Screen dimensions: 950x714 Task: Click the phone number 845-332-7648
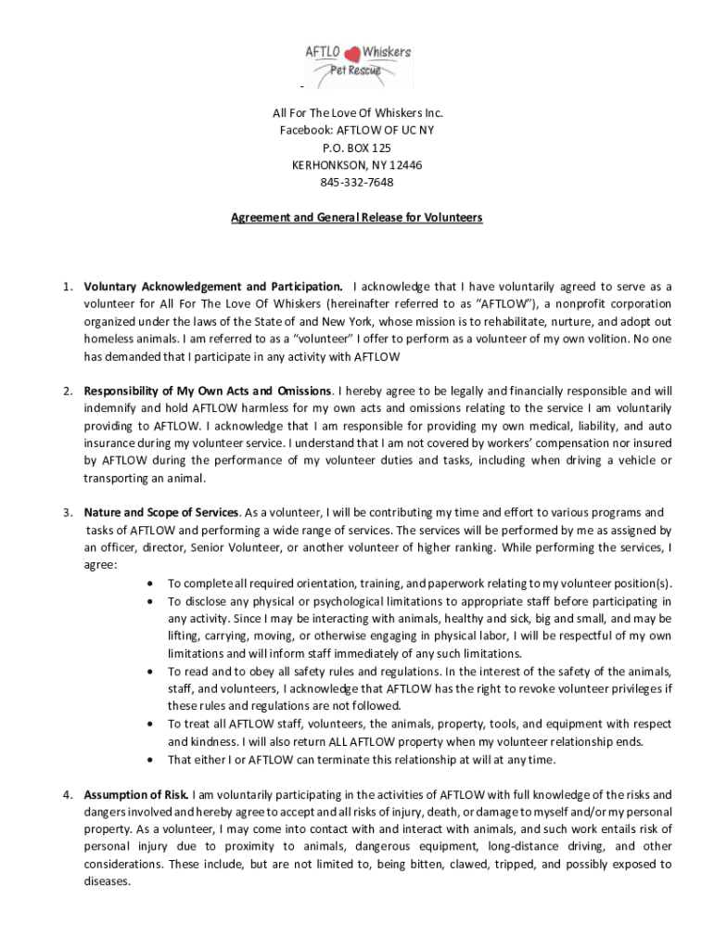357,182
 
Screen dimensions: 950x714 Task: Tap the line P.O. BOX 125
357,148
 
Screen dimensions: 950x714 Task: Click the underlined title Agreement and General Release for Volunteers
357,218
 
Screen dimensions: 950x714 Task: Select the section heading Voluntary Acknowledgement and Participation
213,286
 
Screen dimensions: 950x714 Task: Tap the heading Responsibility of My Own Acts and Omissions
210,390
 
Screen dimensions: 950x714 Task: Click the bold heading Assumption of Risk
137,795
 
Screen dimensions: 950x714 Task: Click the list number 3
68,511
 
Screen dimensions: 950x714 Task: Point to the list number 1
68,286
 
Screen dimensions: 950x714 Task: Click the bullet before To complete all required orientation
151,584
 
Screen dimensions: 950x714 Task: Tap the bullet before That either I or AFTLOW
151,760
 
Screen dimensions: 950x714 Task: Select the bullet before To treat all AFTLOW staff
151,725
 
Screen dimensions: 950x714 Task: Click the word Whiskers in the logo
388,52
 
